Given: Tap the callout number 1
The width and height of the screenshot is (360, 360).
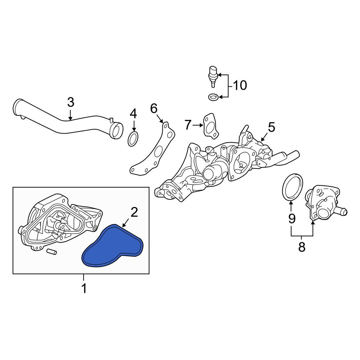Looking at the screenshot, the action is point(84,288).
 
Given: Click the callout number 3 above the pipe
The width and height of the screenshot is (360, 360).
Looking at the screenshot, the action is point(71,102).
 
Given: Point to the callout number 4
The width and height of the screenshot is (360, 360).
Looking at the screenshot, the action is point(134,114).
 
